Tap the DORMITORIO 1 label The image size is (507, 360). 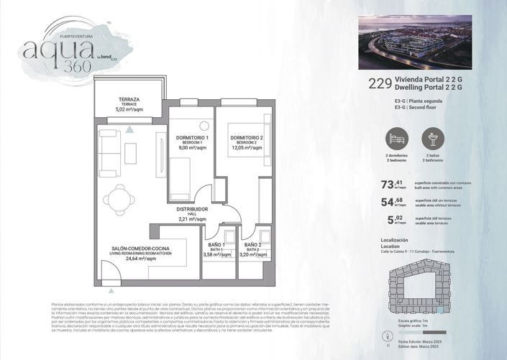(x=192, y=137)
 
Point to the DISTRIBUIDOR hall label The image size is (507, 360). (x=192, y=210)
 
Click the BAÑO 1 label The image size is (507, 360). (x=216, y=246)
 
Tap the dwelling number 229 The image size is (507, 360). (x=379, y=83)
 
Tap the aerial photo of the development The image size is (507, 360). (x=414, y=42)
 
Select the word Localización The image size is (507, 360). (x=393, y=240)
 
